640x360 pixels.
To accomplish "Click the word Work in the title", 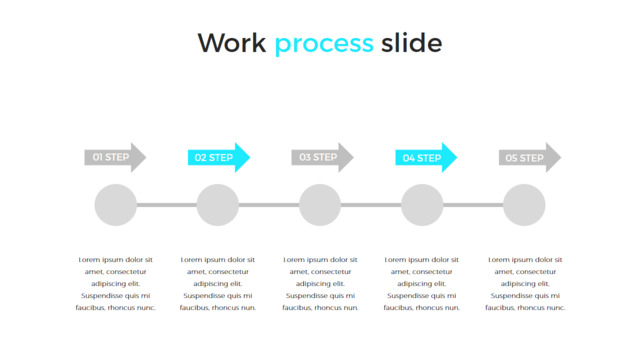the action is (232, 43).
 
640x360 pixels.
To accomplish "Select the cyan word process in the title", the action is (324, 45).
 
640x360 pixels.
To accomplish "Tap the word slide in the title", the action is (411, 42).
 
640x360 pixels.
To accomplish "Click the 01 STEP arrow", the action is (115, 158).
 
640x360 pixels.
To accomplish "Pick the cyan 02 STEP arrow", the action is (219, 158).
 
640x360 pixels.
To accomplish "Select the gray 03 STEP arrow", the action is (322, 158).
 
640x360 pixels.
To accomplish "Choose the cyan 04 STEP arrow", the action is (426, 158).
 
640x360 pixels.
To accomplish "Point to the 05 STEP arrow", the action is (530, 158).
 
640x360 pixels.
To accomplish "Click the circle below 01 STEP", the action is (116, 205).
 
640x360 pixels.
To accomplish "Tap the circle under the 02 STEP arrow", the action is (218, 205).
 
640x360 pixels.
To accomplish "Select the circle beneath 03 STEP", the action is (320, 205).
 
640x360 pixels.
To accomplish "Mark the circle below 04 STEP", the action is (422, 205).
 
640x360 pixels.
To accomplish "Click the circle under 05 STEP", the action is (524, 205).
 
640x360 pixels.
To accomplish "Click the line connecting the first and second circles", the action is (167, 205).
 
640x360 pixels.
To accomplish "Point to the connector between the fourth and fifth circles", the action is (473, 205).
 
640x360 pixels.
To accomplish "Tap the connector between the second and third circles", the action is (269, 205).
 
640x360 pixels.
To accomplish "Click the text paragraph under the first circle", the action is (116, 284).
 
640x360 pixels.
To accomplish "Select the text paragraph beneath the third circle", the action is (320, 284).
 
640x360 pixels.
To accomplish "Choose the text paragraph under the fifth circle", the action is (525, 284).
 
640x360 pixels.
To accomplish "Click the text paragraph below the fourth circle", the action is (422, 284).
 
